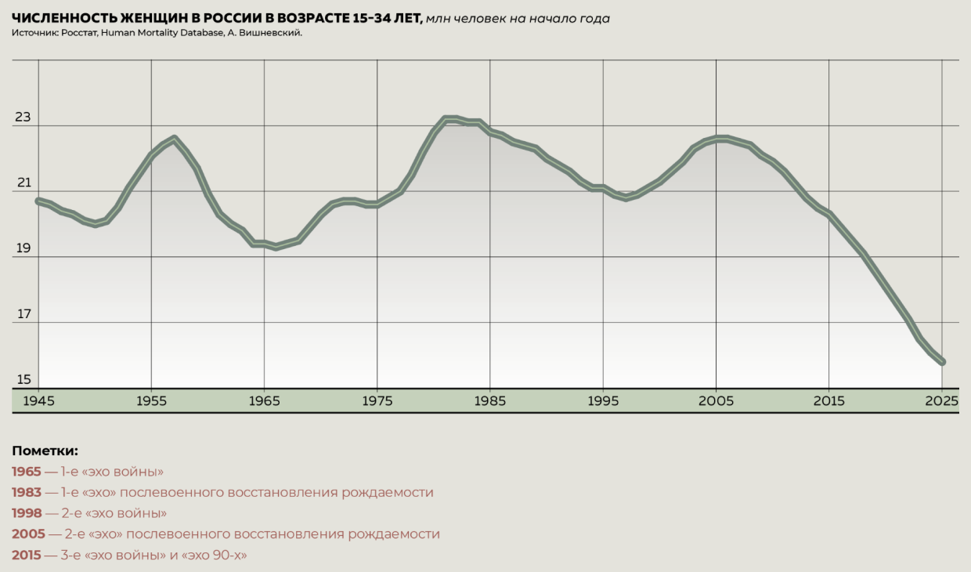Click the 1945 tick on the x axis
38,400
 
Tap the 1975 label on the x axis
377,400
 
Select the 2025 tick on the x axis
943,400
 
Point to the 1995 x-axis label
603,400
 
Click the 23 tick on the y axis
23,118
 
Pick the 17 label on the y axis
23,315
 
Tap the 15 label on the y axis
23,380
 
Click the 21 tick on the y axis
23,183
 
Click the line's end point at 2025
943,362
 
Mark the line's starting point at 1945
38,201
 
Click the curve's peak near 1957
175,138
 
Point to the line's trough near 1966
276,248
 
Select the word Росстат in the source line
81,33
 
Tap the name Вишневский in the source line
268,33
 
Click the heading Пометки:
45,451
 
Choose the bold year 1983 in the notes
27,493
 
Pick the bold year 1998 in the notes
27,513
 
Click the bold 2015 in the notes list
27,555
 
